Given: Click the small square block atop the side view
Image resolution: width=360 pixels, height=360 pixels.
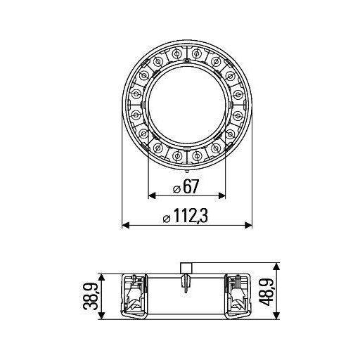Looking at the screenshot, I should [x=187, y=266].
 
